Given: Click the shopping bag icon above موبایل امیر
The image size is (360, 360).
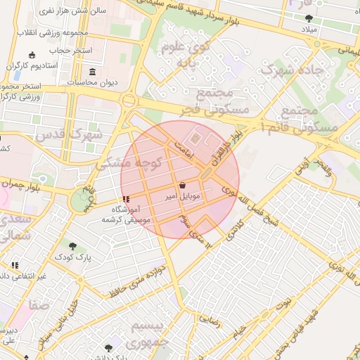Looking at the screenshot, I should pos(183,186).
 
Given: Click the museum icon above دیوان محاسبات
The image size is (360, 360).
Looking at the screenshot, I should pos(94,72).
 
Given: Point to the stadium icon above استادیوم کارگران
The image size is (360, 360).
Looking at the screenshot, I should pos(31,55).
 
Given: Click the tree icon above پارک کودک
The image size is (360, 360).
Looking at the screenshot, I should pos(73,246).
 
